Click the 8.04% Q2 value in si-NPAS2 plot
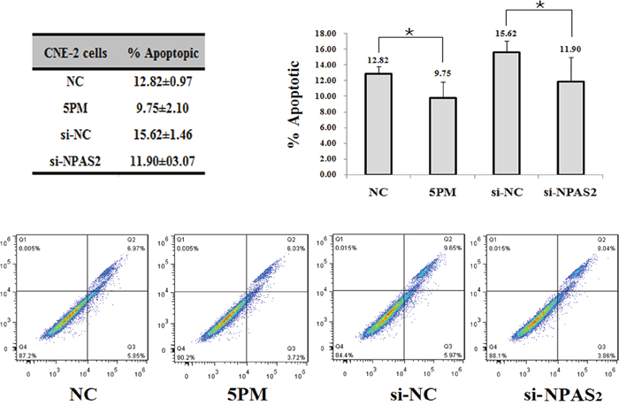coord(584,250)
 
